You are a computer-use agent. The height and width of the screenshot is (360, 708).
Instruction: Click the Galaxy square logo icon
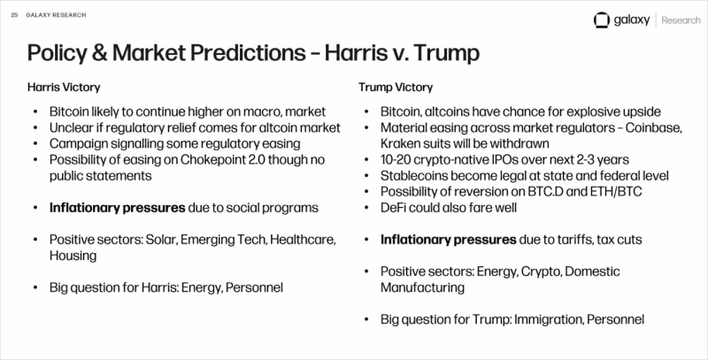click(602, 20)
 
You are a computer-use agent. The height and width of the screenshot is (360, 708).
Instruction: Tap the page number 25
click(14, 15)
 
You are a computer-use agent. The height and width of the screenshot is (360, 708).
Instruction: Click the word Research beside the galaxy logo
click(681, 20)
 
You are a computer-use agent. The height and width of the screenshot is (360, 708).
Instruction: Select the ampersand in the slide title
click(96, 53)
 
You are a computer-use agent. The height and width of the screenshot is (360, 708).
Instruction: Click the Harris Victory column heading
click(64, 87)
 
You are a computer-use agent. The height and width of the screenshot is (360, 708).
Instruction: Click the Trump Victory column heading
click(396, 87)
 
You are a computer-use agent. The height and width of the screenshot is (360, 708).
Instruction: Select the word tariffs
click(572, 240)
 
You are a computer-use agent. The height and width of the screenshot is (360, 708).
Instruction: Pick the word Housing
click(73, 256)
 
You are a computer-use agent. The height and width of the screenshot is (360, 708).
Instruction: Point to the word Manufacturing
click(422, 287)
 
